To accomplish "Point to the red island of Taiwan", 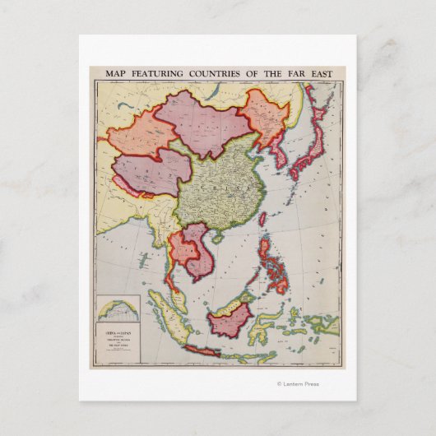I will [x=262, y=220].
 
